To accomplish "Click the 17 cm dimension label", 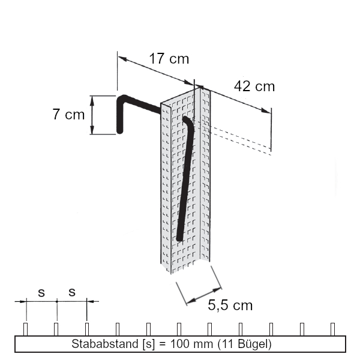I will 169,59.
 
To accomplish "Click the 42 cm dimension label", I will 254,86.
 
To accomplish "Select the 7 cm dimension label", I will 68,114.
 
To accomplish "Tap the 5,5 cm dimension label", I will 230,305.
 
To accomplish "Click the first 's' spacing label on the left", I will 41,293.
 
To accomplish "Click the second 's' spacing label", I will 72,293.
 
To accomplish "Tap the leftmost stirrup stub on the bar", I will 25,329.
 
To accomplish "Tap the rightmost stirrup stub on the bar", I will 333,329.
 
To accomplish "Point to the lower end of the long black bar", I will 179,238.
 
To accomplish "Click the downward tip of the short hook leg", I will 120,130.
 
